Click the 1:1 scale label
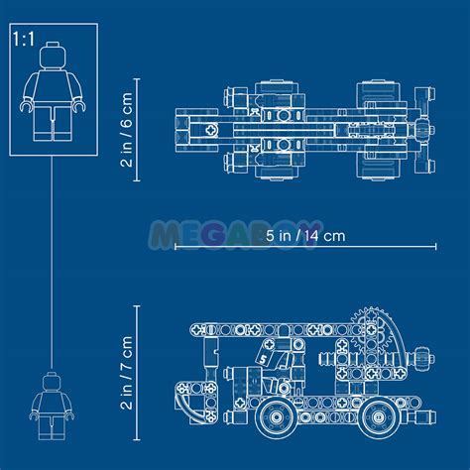tap(24, 39)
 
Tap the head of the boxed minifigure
tap(54, 56)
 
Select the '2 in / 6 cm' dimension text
tap(127, 130)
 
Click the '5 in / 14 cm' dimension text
tap(305, 236)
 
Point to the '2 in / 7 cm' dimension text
tap(127, 373)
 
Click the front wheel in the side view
tap(276, 416)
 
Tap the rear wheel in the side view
tap(377, 417)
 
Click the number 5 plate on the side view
tap(264, 359)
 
